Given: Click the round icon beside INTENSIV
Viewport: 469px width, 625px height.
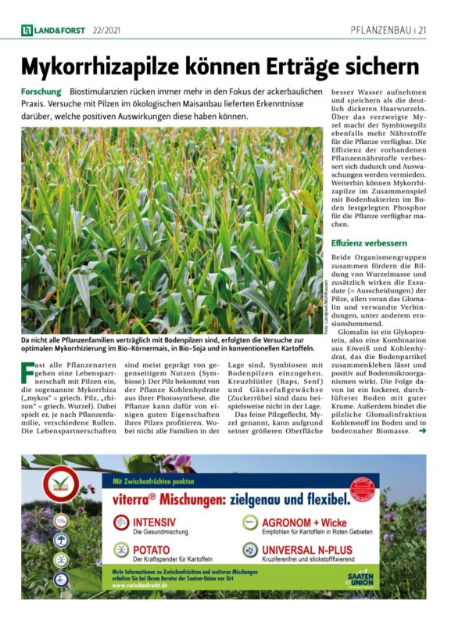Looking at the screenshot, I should [121, 522].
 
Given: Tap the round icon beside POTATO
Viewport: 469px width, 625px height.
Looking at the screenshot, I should [121, 551].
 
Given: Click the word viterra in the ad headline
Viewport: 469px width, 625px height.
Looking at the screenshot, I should [138, 497].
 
